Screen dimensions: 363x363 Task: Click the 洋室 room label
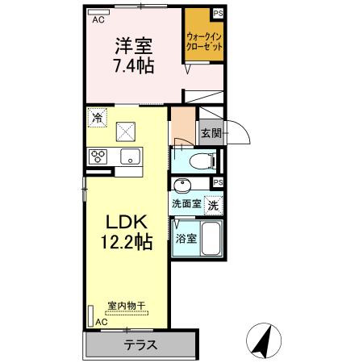(x=133, y=47)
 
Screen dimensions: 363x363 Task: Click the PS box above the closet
(x=218, y=12)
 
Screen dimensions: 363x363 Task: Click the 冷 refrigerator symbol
(x=98, y=119)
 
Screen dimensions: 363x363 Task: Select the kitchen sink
(x=129, y=156)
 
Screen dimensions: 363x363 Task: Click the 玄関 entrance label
(x=211, y=133)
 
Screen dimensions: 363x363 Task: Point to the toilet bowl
(x=200, y=161)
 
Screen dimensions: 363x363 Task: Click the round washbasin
(x=183, y=183)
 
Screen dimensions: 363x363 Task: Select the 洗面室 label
(x=186, y=205)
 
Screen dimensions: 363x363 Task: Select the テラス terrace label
(x=140, y=344)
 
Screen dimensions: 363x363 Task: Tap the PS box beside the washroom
(x=218, y=183)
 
